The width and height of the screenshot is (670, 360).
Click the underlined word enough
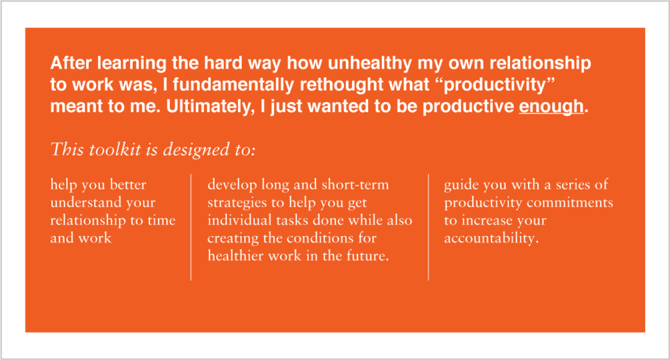tap(551, 107)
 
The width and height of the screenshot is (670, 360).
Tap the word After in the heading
tap(71, 63)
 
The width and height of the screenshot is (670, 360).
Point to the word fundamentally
tap(233, 85)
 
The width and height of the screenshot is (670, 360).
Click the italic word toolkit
tap(114, 149)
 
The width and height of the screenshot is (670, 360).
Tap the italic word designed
tap(196, 150)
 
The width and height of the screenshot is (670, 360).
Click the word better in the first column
tap(128, 185)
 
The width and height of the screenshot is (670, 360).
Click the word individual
tap(240, 220)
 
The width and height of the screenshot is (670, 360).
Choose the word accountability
tap(491, 238)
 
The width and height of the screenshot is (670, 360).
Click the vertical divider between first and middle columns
tap(191, 227)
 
